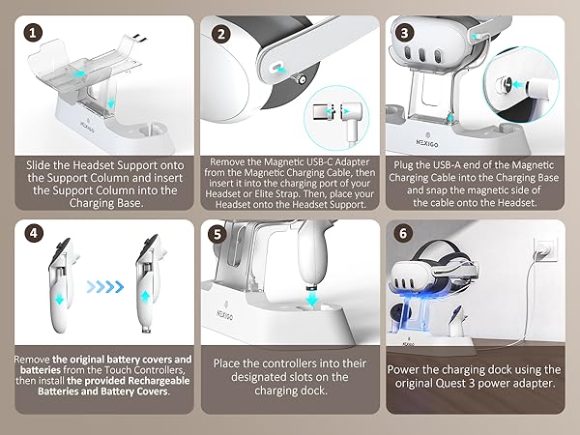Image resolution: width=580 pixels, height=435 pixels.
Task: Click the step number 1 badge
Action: click(x=32, y=31)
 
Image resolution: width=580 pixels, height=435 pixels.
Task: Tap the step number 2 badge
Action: click(x=222, y=31)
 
